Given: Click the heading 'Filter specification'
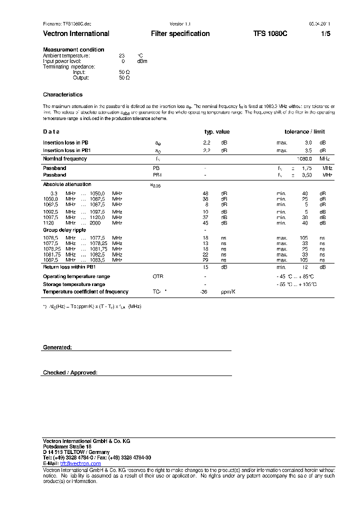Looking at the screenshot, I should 180,34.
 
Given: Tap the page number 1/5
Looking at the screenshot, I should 325,34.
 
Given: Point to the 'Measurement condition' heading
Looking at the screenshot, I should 73,49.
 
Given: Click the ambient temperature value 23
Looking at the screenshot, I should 121,55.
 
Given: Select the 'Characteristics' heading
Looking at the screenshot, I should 62,94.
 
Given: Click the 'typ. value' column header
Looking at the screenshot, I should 217,132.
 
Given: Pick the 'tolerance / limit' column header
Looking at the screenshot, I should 304,132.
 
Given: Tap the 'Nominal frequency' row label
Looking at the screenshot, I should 64,159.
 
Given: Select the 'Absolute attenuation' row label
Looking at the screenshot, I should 67,184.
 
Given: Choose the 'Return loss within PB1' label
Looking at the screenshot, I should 69,267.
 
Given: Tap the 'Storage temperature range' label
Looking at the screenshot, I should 73,284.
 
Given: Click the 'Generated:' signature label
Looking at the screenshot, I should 57,347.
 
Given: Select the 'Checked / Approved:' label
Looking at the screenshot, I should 70,372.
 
